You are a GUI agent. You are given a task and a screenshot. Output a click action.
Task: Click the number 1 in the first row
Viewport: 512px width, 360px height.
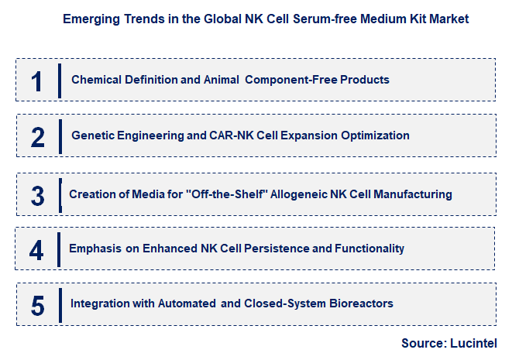[37, 81]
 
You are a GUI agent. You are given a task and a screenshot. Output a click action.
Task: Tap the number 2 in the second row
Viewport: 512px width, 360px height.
[38, 136]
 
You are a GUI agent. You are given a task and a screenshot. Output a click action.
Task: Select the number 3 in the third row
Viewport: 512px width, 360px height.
[38, 194]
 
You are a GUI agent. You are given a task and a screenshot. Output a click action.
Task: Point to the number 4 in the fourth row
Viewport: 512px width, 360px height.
[37, 249]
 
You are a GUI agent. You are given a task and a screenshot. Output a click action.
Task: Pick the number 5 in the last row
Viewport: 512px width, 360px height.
[38, 304]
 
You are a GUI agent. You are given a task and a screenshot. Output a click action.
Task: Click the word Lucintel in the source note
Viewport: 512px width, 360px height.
[473, 343]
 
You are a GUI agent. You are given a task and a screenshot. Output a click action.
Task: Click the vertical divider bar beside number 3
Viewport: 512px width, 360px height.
[60, 194]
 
